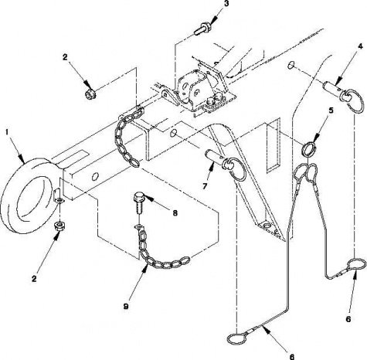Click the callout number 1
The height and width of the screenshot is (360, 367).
(8, 132)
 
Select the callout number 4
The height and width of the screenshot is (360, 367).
(360, 47)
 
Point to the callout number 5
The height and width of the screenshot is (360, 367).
(331, 110)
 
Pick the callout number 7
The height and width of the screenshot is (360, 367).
(205, 186)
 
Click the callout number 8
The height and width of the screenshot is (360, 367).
(175, 213)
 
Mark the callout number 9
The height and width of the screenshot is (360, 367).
(126, 307)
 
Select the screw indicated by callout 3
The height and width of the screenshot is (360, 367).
(202, 29)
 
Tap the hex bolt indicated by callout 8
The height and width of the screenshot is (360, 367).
(138, 202)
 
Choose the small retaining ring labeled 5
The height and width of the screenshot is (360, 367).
(309, 150)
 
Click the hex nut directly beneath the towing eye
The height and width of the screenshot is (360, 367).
(59, 226)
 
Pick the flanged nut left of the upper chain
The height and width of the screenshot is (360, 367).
(90, 93)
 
